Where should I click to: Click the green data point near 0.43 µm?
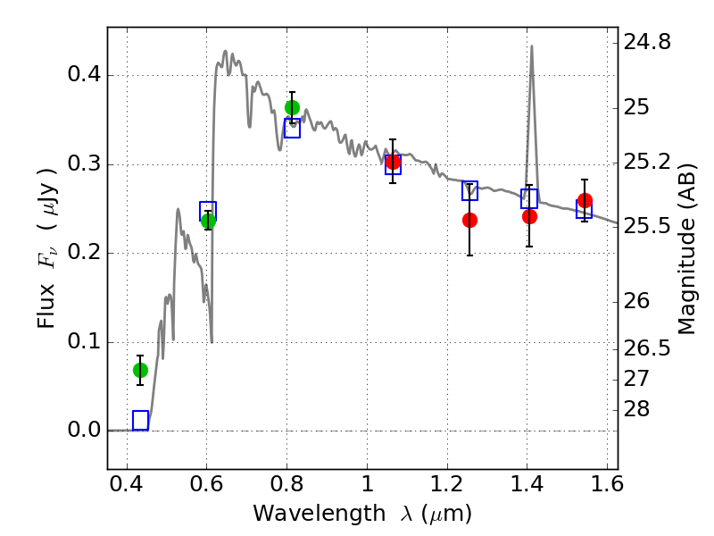[140, 370]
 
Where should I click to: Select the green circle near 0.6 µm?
[208, 221]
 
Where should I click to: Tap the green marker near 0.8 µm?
[293, 107]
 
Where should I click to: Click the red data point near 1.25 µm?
[470, 220]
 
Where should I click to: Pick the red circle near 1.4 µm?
[529, 216]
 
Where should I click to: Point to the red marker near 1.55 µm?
[585, 200]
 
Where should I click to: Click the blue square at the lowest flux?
[141, 420]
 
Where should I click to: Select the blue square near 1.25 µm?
[470, 190]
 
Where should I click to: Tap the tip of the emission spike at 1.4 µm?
[531, 46]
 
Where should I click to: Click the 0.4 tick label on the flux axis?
[84, 74]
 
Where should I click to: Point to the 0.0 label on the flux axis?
[84, 430]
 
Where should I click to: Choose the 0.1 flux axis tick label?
[84, 341]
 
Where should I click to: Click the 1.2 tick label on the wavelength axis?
[447, 484]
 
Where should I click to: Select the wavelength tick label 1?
[368, 484]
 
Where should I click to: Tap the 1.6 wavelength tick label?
[607, 484]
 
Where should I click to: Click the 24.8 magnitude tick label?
[647, 42]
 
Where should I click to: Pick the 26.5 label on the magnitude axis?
[647, 348]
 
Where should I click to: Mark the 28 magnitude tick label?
[636, 409]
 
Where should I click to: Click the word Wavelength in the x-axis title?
[320, 514]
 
